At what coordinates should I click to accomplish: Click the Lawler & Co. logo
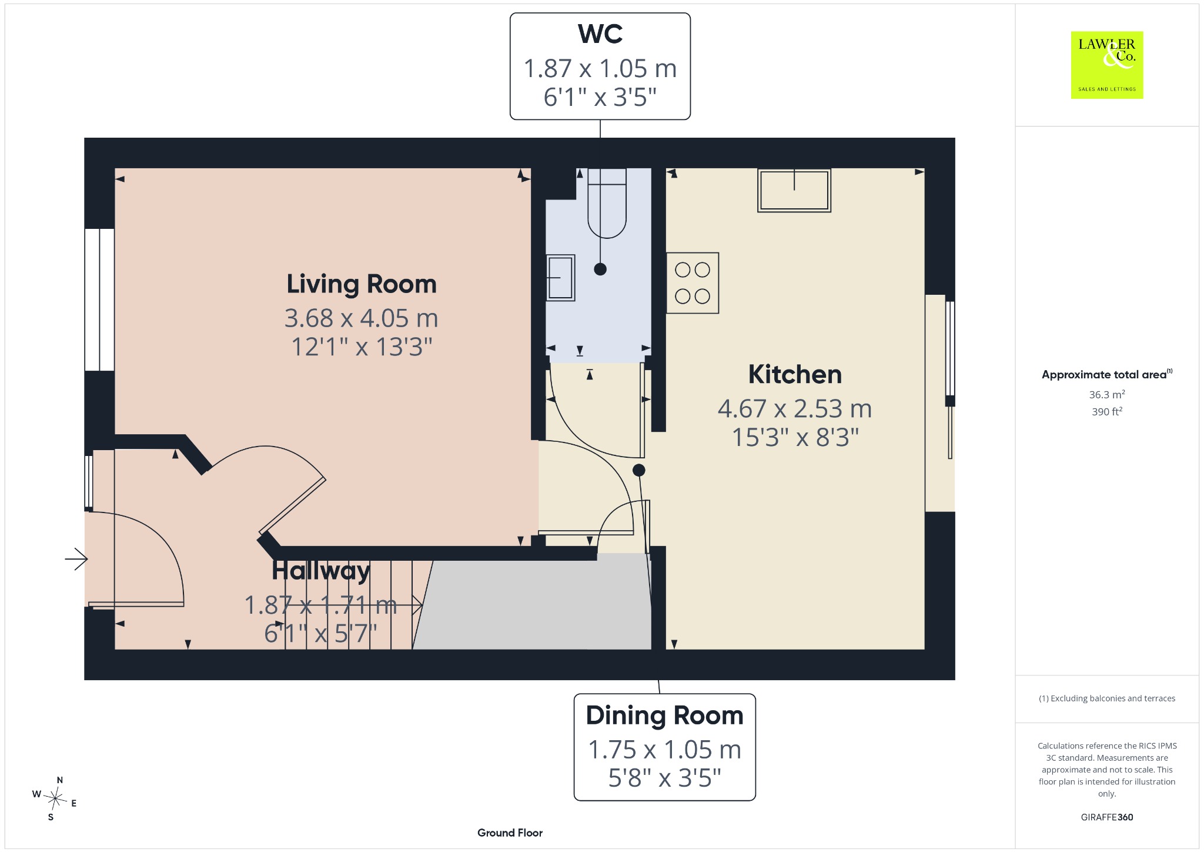click(1106, 65)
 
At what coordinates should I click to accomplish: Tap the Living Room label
click(362, 284)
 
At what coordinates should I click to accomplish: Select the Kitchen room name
click(795, 374)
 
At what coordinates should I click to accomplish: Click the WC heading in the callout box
click(600, 34)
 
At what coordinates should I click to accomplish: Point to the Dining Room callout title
click(664, 715)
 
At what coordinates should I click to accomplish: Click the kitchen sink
click(794, 190)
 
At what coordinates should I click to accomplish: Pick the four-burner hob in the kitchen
click(693, 283)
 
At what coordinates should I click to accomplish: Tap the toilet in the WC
click(607, 203)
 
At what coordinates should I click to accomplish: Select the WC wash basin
click(560, 278)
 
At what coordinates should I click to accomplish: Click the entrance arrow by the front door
click(76, 559)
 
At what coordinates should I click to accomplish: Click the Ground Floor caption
click(510, 833)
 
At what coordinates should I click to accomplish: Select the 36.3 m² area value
click(1107, 394)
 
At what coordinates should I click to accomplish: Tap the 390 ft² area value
click(1107, 411)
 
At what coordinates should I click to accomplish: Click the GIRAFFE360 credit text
click(1107, 817)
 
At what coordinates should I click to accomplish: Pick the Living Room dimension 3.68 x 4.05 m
click(362, 318)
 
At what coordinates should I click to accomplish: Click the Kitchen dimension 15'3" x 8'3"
click(795, 437)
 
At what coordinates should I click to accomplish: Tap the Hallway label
click(321, 571)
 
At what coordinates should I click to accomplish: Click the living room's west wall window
click(99, 299)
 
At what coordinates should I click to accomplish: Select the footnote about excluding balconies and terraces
click(1107, 698)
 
